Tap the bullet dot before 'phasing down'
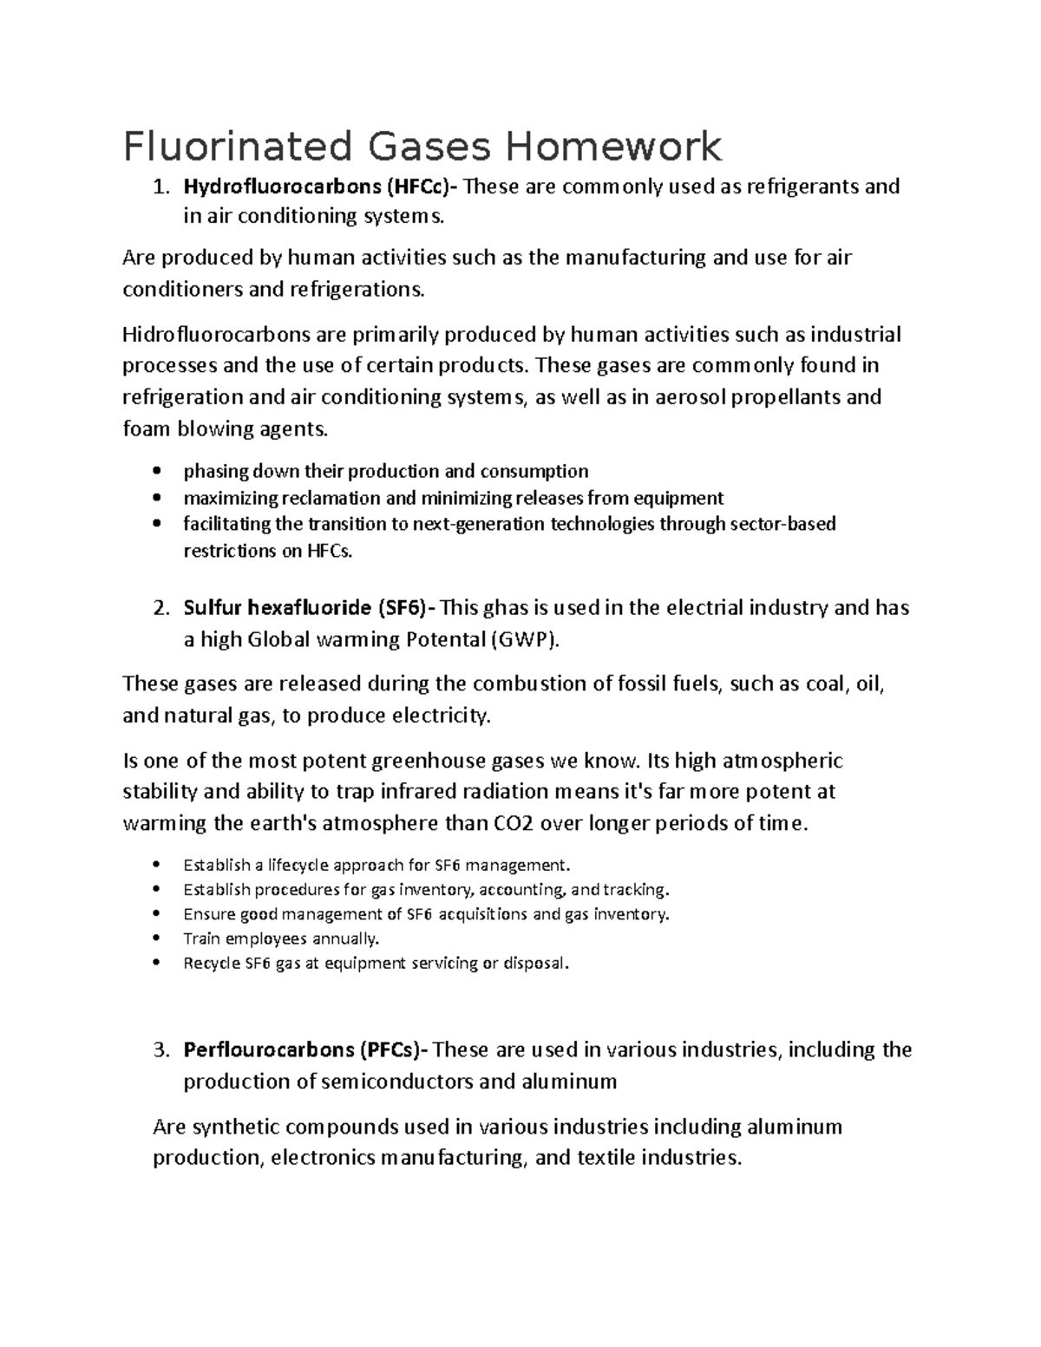(x=156, y=472)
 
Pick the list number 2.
(x=160, y=608)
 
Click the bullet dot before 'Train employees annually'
(x=156, y=938)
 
